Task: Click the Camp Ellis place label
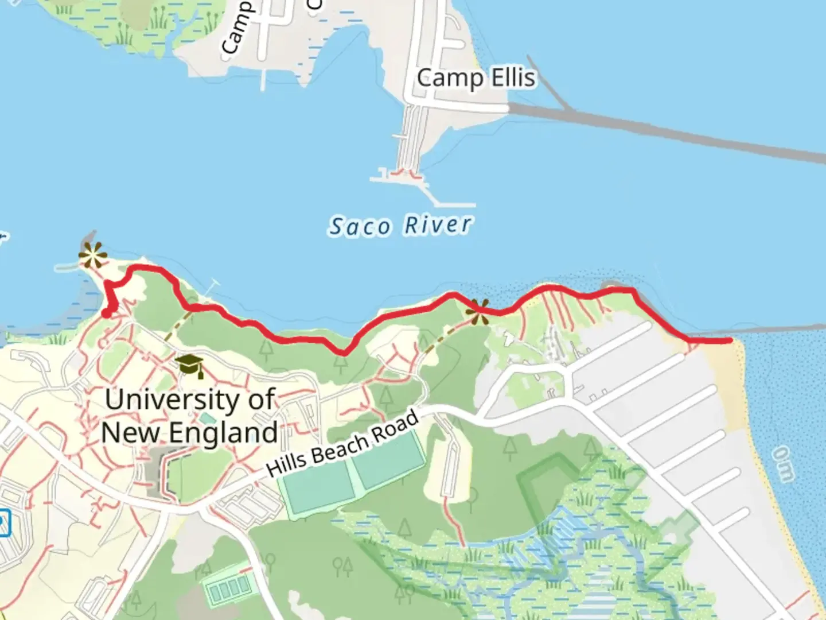click(x=476, y=78)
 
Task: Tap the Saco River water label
click(x=400, y=226)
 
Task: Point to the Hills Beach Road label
click(x=343, y=444)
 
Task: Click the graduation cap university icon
click(x=189, y=366)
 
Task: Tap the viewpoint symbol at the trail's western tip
click(x=92, y=255)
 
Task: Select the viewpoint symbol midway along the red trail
click(x=477, y=311)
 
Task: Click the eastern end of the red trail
click(x=730, y=340)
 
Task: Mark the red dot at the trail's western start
click(x=107, y=313)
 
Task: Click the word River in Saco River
click(x=438, y=224)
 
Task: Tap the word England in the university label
click(x=223, y=433)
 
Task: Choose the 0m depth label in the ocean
click(x=784, y=464)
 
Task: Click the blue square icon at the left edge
click(x=5, y=522)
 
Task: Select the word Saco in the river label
click(x=360, y=227)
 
